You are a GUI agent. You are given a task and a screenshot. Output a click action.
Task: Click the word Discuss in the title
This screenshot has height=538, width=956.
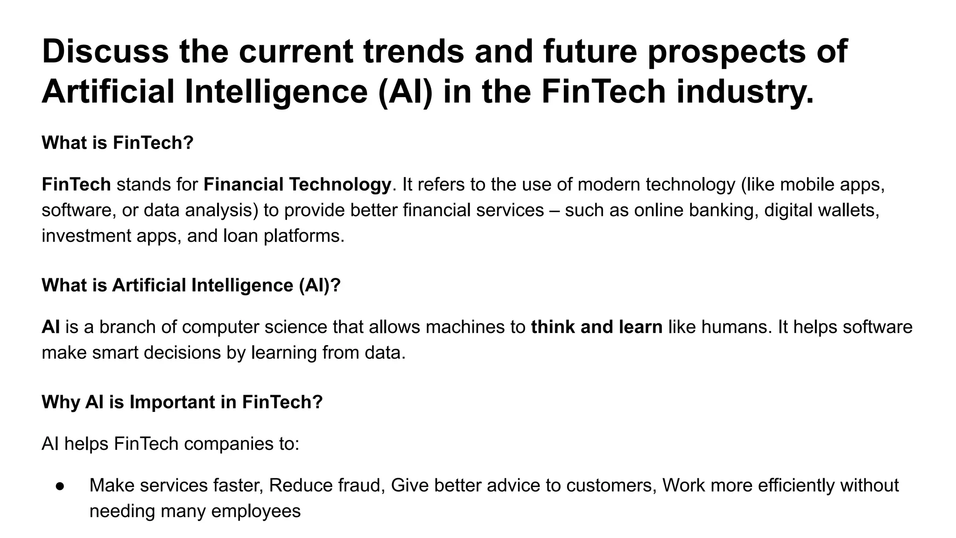click(105, 51)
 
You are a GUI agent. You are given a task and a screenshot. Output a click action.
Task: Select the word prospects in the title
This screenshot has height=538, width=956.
click(726, 51)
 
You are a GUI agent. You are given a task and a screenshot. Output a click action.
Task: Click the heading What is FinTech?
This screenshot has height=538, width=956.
click(118, 143)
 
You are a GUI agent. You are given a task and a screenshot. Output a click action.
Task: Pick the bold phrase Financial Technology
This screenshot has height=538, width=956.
click(297, 185)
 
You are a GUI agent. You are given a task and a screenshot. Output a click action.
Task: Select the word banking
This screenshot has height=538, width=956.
click(724, 210)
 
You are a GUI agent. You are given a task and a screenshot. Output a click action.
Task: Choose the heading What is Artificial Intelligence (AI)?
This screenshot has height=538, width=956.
click(191, 285)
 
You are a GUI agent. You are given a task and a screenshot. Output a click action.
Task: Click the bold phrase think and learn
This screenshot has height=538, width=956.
click(597, 327)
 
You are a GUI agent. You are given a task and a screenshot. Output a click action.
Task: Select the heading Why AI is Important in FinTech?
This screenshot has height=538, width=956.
click(183, 402)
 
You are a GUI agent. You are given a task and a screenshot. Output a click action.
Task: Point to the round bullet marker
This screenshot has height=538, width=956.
click(60, 486)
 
